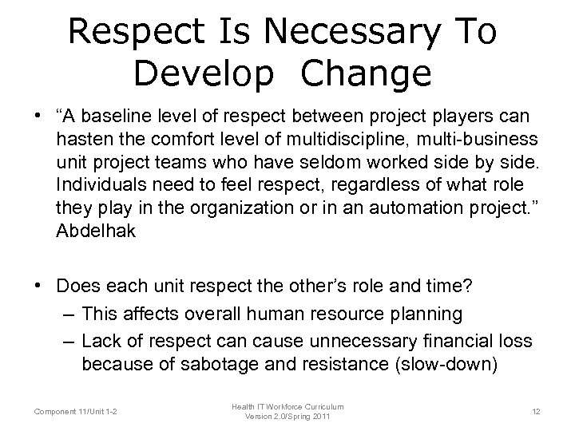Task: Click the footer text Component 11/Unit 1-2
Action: pyautogui.click(x=75, y=412)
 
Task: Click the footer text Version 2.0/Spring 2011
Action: pyautogui.click(x=287, y=417)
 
